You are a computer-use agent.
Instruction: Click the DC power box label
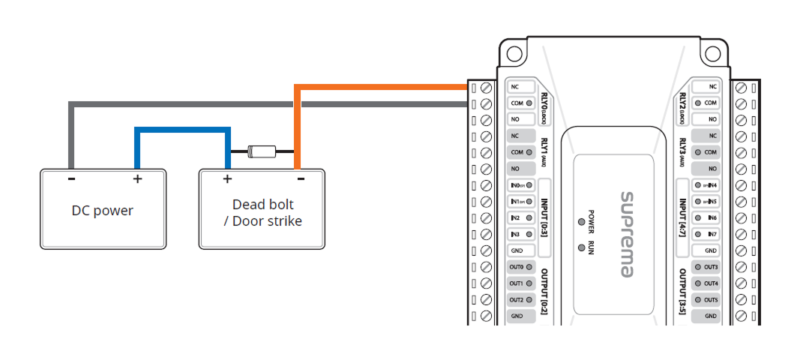click(x=102, y=211)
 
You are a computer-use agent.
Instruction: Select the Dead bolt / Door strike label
click(x=262, y=212)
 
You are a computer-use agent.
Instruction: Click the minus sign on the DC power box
click(x=70, y=179)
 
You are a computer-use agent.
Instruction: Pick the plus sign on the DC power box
click(x=137, y=179)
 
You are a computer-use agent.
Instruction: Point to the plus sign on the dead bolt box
click(x=227, y=179)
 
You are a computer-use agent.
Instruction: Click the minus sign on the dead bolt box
click(x=300, y=179)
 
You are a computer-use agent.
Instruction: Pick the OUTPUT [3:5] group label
click(x=682, y=292)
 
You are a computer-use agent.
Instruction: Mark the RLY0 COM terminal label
click(x=519, y=103)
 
